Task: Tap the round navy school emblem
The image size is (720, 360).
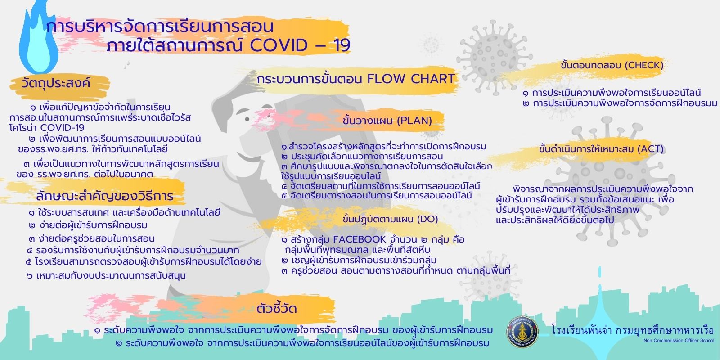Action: [522, 332]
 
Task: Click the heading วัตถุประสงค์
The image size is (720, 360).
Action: [56, 84]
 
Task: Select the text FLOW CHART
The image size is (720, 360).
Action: [411, 79]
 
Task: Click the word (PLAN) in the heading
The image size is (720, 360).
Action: [414, 121]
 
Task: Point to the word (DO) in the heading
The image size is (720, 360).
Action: [427, 219]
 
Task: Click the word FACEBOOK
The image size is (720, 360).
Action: [360, 239]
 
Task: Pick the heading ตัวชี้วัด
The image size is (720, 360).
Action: [277, 308]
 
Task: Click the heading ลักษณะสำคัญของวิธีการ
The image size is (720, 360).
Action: [105, 196]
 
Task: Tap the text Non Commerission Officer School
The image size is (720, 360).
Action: [679, 340]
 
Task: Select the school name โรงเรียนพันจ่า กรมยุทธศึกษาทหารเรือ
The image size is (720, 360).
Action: [633, 330]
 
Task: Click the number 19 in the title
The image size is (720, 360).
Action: [341, 45]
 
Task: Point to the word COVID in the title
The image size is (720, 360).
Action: [279, 45]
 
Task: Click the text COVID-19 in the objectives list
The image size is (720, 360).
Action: [63, 128]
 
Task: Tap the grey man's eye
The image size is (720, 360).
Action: [247, 119]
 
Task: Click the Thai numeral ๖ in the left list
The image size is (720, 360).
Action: [30, 276]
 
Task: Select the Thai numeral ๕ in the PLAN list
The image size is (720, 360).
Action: [284, 195]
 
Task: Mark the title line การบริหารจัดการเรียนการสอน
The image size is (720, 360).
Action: [160, 27]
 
